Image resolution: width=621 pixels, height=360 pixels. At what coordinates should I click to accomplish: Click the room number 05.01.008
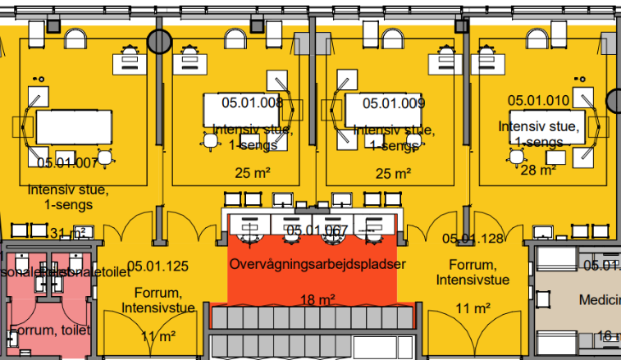[x=253, y=103]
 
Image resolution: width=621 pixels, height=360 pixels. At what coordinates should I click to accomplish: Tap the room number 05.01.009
[x=393, y=103]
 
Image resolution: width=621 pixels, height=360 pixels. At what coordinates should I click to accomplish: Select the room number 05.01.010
[x=538, y=100]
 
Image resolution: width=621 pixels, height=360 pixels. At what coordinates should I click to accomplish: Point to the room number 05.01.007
[x=67, y=162]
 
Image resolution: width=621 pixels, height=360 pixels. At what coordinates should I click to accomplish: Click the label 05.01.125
[x=158, y=266]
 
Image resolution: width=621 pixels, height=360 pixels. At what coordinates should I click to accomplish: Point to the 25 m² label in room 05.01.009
[x=393, y=173]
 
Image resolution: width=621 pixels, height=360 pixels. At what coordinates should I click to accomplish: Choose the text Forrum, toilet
[x=48, y=331]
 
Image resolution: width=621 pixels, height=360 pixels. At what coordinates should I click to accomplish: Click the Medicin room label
[x=600, y=300]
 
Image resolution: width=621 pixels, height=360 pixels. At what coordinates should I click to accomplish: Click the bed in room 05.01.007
[x=73, y=127]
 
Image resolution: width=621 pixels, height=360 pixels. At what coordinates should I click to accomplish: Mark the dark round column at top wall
[x=158, y=41]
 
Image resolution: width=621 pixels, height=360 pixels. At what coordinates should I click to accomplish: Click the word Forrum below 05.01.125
[x=158, y=294]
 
